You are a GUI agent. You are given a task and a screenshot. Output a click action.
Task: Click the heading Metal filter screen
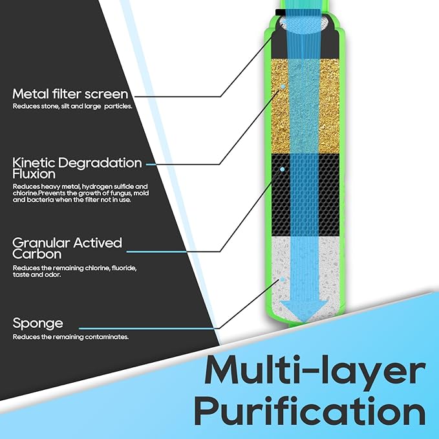(70, 95)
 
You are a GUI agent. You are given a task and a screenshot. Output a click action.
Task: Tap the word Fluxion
(34, 174)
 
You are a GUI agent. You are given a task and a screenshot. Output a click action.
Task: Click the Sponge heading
(37, 322)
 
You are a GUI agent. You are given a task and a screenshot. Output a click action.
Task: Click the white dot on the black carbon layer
(283, 169)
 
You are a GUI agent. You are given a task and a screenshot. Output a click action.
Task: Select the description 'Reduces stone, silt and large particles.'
(72, 106)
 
